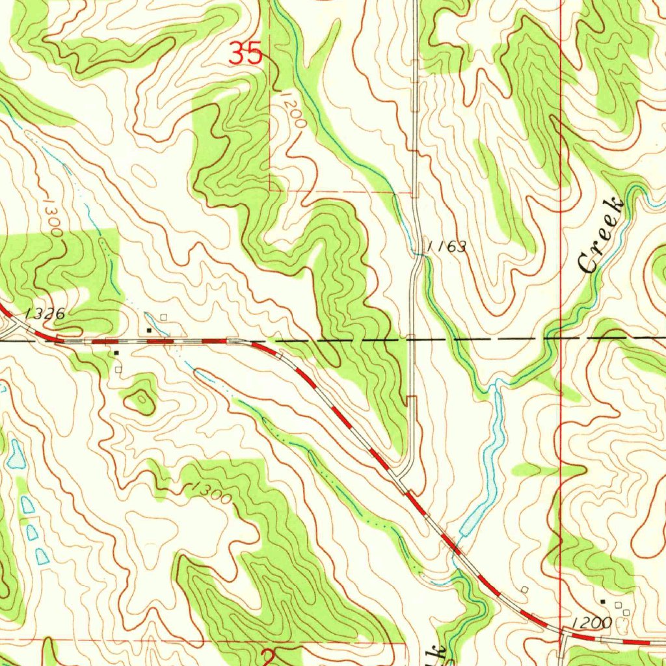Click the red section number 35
pos(246,53)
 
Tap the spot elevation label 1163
pos(446,246)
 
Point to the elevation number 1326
pos(45,314)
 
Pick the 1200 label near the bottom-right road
pos(592,623)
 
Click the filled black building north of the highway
pos(149,330)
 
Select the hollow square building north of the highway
pos(163,317)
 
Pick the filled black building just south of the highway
pos(116,353)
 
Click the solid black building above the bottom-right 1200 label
pos(602,601)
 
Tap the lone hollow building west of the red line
pos(524,589)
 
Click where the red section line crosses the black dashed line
pos(561,338)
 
